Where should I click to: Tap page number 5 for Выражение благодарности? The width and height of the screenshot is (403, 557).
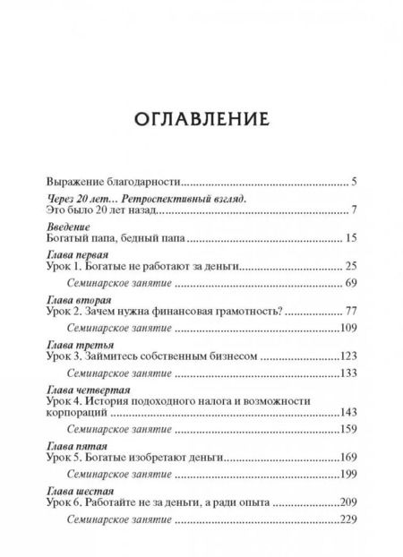(355, 182)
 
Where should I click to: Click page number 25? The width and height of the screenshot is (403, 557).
(351, 267)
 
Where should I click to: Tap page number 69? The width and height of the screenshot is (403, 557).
(351, 283)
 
